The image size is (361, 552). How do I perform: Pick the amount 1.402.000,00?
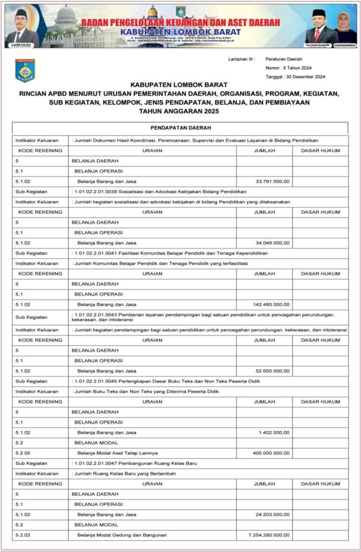pyautogui.click(x=274, y=432)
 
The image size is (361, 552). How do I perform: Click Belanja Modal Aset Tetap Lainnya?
pyautogui.click(x=117, y=452)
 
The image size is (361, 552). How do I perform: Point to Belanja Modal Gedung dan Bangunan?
pyautogui.click(x=122, y=535)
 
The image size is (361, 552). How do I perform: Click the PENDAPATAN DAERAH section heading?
pyautogui.click(x=180, y=128)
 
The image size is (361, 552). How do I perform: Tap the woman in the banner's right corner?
pyautogui.click(x=345, y=27)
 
